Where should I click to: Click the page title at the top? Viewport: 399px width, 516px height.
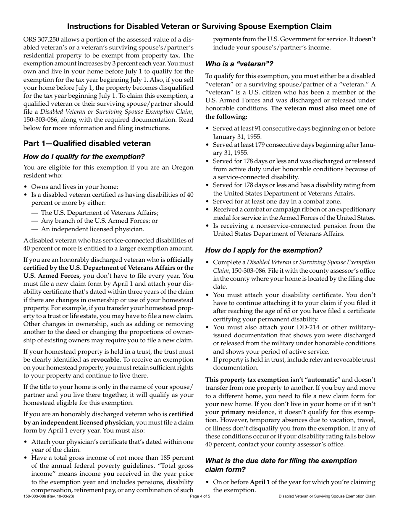click(199, 26)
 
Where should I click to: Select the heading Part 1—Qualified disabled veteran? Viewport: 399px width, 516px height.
click(87, 143)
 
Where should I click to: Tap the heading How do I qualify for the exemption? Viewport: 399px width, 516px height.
click(84, 156)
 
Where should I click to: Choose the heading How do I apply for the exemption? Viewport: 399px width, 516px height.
click(263, 250)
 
